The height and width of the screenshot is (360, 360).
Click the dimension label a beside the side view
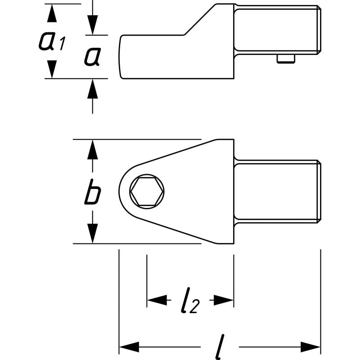[x=92, y=57]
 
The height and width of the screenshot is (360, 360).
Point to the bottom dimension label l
[x=220, y=346]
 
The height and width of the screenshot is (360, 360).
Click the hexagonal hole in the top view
[x=147, y=192]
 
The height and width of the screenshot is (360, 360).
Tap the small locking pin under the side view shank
[x=286, y=58]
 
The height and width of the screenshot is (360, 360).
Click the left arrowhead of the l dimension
[x=128, y=347]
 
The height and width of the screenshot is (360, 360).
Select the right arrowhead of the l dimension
[x=310, y=347]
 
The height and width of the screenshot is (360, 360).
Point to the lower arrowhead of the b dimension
[x=92, y=234]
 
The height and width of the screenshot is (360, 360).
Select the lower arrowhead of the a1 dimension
[x=53, y=69]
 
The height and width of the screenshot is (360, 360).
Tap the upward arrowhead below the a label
[x=92, y=89]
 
